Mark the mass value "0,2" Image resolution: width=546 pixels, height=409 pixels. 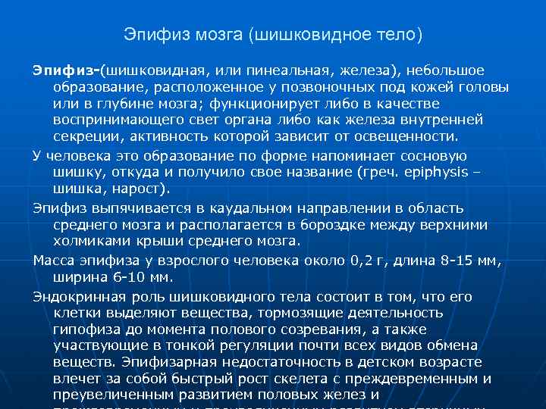[362, 261]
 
